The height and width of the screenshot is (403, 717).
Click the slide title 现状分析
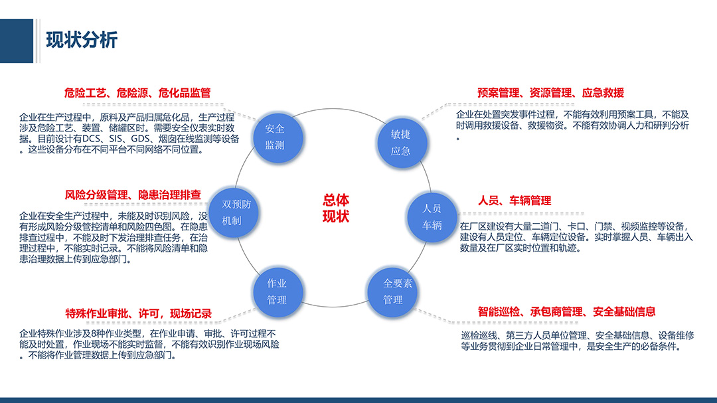tap(82, 40)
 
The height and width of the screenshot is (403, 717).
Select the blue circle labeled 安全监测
tap(278, 137)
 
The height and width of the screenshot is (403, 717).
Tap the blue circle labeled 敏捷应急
tap(402, 143)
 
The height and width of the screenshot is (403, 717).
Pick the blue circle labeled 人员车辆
tap(432, 217)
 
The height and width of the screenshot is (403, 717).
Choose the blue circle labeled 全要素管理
tap(392, 292)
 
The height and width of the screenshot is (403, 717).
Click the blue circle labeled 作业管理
tap(278, 292)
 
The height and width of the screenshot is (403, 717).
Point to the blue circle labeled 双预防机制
tap(234, 212)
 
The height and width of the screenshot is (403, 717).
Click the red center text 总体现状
tap(336, 208)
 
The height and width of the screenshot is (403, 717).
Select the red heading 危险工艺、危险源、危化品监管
tap(137, 93)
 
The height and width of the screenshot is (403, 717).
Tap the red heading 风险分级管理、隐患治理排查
tap(133, 195)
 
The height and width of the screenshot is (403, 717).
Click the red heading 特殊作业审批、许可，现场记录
tap(138, 314)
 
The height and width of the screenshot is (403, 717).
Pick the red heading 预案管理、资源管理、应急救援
tap(550, 93)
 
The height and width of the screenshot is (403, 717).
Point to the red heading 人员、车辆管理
tap(515, 201)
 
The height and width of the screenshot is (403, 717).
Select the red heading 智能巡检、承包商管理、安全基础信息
tap(566, 312)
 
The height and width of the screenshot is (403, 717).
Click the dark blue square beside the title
tap(17, 40)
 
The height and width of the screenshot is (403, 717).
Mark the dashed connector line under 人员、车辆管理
tap(521, 213)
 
